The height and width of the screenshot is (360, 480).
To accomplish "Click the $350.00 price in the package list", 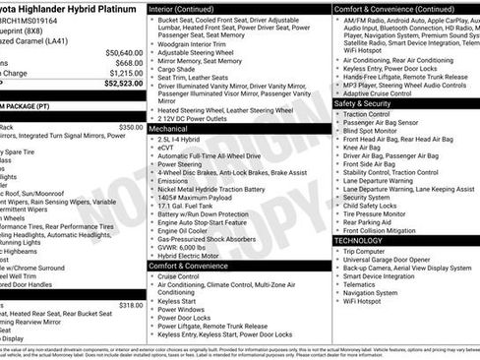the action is [130, 127].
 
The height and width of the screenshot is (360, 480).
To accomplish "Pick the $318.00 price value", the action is [130, 305].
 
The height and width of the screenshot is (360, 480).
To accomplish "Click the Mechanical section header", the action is [168, 129].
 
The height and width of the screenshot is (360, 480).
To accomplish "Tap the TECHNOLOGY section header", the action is [358, 240].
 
